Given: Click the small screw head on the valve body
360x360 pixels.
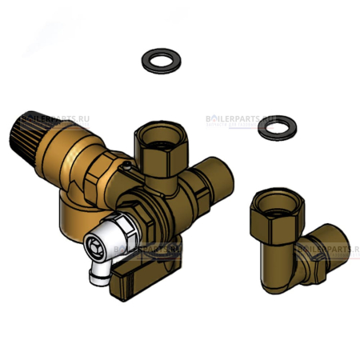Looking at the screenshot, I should tap(126, 167).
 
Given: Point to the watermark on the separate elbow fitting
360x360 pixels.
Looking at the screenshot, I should tap(324, 249).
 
